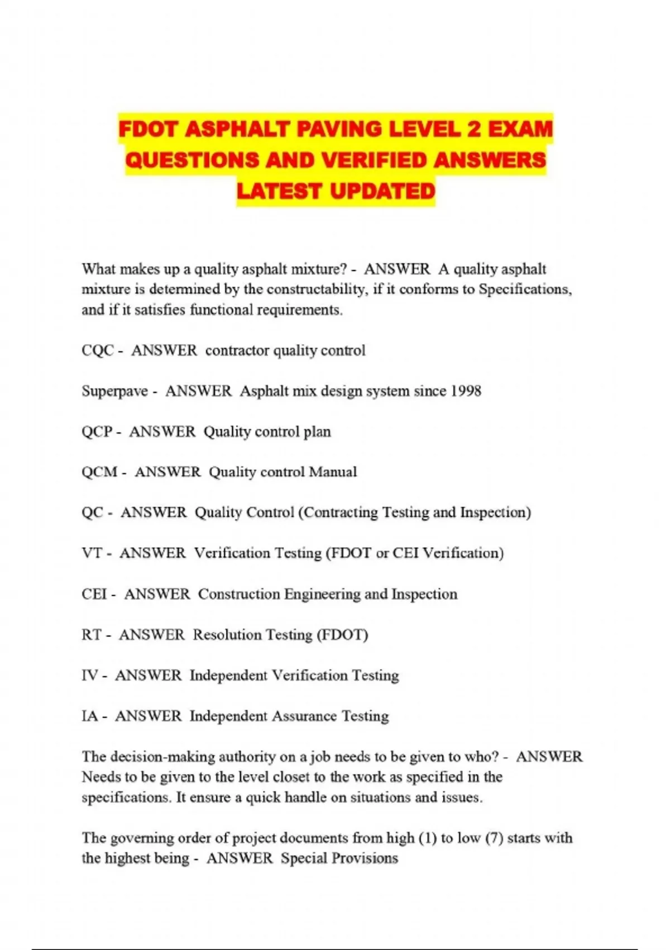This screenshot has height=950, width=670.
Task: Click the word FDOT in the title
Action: click(148, 130)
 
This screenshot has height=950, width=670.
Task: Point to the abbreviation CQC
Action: click(98, 351)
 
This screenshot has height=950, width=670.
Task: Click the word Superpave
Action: click(114, 391)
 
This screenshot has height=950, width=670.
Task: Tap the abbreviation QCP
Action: click(97, 432)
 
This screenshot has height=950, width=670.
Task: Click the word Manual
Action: click(333, 472)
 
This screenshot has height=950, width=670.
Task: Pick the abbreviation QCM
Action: click(99, 472)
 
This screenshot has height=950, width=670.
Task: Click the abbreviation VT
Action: click(92, 553)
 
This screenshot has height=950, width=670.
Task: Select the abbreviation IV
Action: click(89, 676)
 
